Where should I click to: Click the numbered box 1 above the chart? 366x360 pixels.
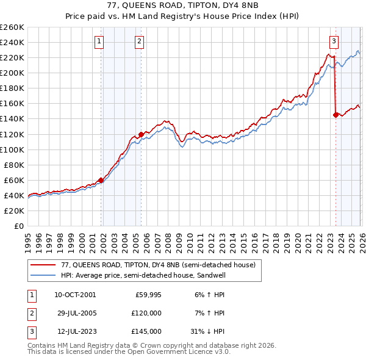click(99, 41)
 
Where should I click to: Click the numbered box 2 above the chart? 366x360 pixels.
click(140, 41)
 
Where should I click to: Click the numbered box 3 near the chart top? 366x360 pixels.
click(334, 41)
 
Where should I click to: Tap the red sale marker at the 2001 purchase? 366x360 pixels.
click(101, 180)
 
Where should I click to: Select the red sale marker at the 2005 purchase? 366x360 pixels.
click(141, 134)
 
